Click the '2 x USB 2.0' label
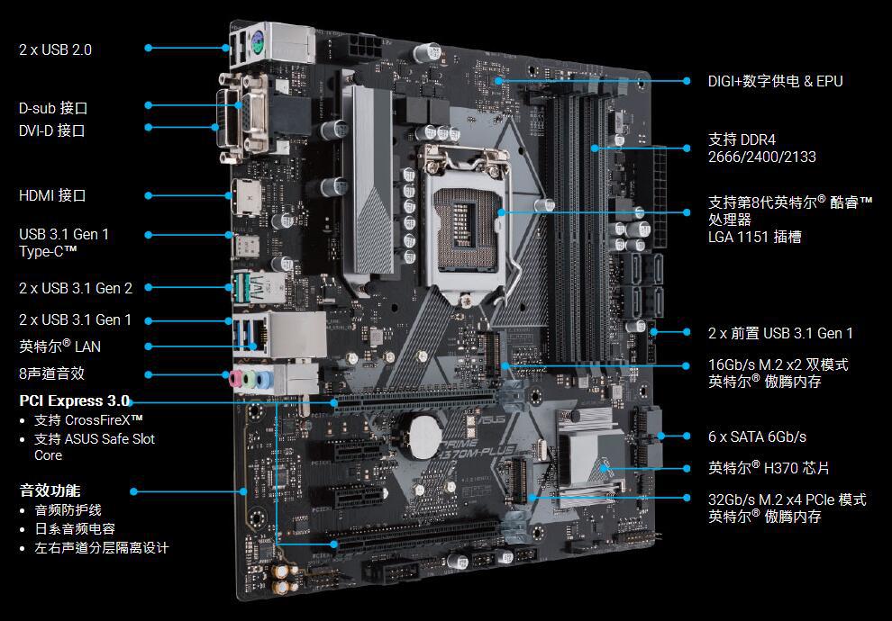point(55,50)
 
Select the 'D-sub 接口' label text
point(53,108)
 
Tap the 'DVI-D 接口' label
point(51,130)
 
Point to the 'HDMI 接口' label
point(52,195)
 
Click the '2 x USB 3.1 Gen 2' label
point(76,289)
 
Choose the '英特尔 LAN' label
point(59,346)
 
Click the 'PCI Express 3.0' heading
point(75,400)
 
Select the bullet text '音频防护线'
point(68,510)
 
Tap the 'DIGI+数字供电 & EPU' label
point(776,81)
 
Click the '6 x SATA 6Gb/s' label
point(757,436)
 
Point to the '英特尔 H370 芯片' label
point(769,468)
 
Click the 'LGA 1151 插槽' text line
point(754,237)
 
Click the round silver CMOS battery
point(426,436)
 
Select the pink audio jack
point(235,379)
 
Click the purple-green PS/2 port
point(256,42)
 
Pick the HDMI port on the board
point(247,197)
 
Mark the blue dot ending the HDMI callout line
point(149,195)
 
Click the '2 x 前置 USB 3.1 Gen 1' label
point(780,334)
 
